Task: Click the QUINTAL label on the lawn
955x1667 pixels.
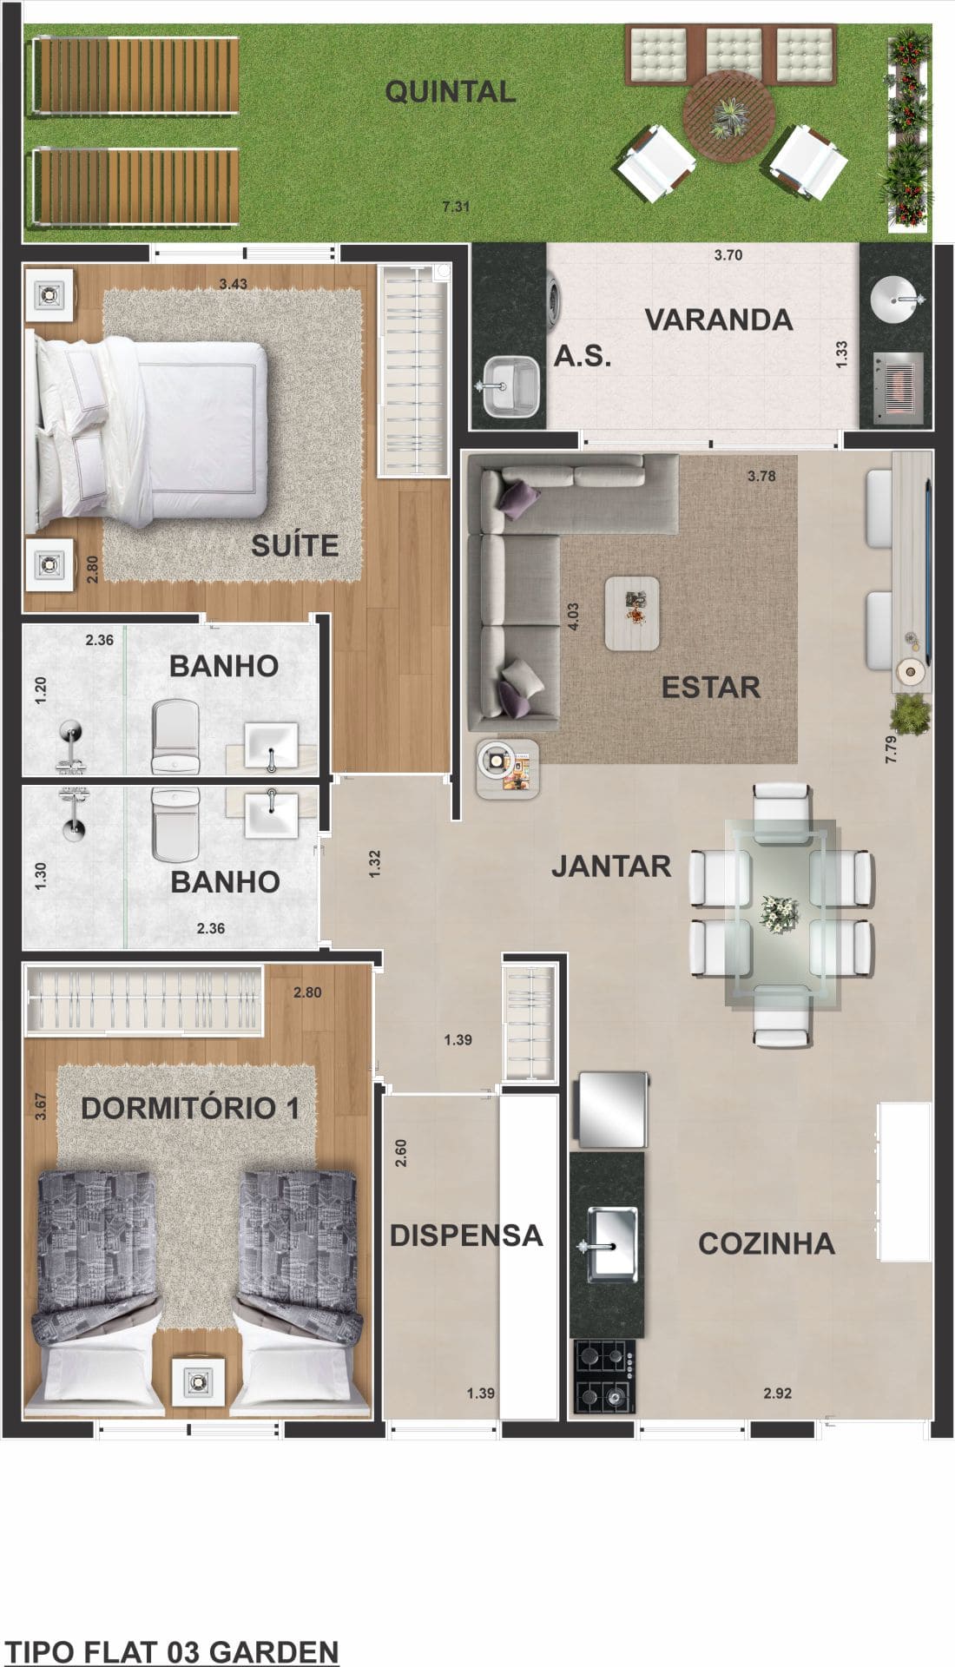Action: [x=450, y=92]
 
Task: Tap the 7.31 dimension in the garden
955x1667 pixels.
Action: [x=456, y=207]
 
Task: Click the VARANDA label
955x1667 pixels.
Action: [x=718, y=320]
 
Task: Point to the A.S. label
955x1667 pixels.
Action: [x=583, y=356]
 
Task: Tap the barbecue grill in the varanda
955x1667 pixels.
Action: [x=898, y=386]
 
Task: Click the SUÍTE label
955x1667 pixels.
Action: [x=294, y=545]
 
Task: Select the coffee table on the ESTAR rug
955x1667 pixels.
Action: [x=632, y=613]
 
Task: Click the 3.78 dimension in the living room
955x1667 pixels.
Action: [x=761, y=476]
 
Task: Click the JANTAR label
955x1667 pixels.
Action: [x=611, y=866]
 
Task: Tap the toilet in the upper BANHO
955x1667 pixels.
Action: [x=175, y=738]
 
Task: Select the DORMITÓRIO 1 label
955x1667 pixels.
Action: [x=190, y=1108]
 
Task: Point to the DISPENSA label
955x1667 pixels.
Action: [x=465, y=1235]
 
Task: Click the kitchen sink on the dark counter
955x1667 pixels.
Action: [x=612, y=1244]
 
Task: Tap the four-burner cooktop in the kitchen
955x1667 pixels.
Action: [x=604, y=1376]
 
